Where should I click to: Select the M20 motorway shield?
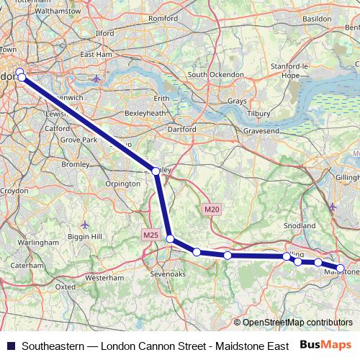tap(210, 210)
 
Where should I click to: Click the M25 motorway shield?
tap(150, 235)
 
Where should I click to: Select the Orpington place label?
tap(122, 184)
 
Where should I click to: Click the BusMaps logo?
tap(326, 344)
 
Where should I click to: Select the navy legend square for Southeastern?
tap(9, 345)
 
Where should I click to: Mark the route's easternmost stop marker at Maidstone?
tap(341, 269)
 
